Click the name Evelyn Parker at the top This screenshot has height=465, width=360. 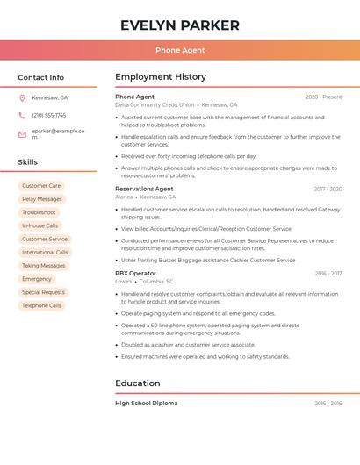(180, 25)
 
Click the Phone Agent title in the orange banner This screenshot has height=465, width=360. (180, 50)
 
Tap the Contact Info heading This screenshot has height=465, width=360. (41, 77)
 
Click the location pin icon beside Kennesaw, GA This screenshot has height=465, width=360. (22, 97)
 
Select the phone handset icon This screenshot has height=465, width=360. (22, 115)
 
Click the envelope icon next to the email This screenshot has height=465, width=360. (22, 134)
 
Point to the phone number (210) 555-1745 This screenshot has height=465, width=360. (49, 115)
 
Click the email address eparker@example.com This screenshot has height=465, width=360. (58, 133)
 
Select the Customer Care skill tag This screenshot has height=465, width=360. (41, 186)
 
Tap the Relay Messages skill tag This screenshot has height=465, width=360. (42, 199)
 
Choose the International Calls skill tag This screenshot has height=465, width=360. (45, 253)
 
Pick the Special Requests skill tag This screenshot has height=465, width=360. (43, 292)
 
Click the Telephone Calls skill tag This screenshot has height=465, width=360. (42, 305)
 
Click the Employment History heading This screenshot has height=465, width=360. (161, 77)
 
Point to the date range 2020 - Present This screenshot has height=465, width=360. (323, 97)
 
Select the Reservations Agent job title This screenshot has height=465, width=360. (144, 189)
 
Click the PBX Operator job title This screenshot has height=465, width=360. (135, 273)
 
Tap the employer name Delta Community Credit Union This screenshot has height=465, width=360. (155, 104)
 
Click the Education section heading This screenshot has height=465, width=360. (138, 383)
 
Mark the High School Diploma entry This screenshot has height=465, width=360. (146, 403)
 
